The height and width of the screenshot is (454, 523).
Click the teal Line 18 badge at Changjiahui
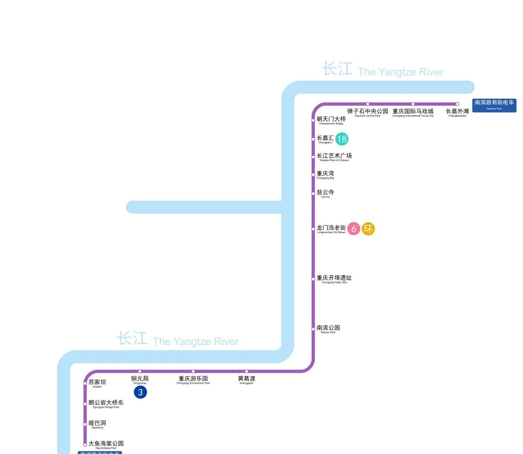point(342,139)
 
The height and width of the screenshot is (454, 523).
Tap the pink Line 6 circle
point(354,228)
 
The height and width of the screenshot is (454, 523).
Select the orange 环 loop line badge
point(368,228)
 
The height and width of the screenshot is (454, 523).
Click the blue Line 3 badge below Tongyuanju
point(140,392)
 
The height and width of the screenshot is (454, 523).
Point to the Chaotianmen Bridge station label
point(331,120)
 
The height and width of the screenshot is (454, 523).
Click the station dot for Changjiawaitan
point(457,104)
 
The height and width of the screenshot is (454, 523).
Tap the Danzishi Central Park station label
point(368,112)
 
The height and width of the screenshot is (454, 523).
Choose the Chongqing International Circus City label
point(413,112)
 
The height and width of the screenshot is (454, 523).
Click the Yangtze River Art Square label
point(334,157)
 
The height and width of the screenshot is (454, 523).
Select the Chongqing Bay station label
point(325,175)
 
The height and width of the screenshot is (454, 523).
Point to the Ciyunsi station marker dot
point(313,193)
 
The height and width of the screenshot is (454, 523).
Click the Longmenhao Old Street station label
point(331,229)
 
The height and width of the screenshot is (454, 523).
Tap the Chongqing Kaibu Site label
point(334,279)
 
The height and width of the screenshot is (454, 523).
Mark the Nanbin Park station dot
point(313,329)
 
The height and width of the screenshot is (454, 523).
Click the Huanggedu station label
point(246,379)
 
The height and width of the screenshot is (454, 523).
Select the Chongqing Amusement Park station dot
point(193,371)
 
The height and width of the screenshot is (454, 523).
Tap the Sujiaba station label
point(97,383)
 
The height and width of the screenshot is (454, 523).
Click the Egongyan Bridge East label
point(106,403)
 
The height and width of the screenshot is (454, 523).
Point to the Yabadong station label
point(97,424)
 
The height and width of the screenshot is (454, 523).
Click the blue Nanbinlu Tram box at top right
point(494,105)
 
